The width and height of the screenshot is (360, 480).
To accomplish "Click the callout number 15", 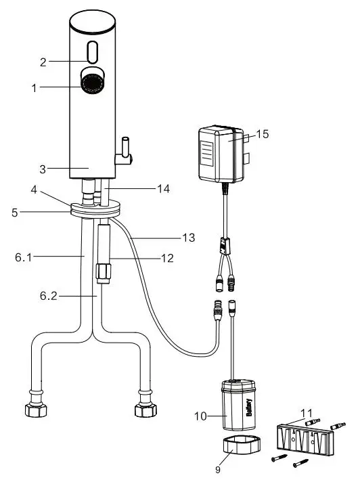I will click(x=263, y=134).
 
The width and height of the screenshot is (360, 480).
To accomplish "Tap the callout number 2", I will click(x=43, y=62).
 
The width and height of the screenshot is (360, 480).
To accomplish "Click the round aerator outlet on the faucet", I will click(x=91, y=83).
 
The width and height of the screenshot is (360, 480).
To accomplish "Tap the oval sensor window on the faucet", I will click(x=92, y=51).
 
